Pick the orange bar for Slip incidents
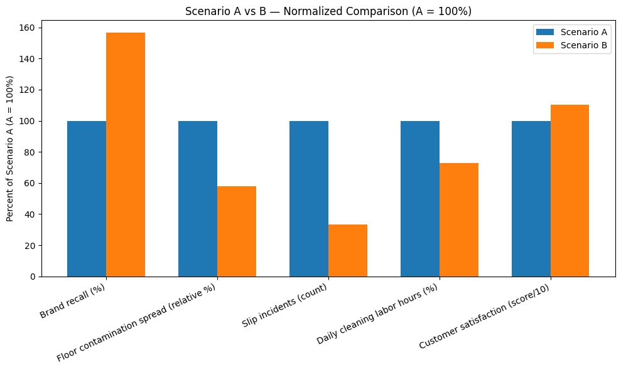click(348, 250)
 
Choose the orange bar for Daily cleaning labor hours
click(459, 219)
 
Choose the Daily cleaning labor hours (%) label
click(377, 314)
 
